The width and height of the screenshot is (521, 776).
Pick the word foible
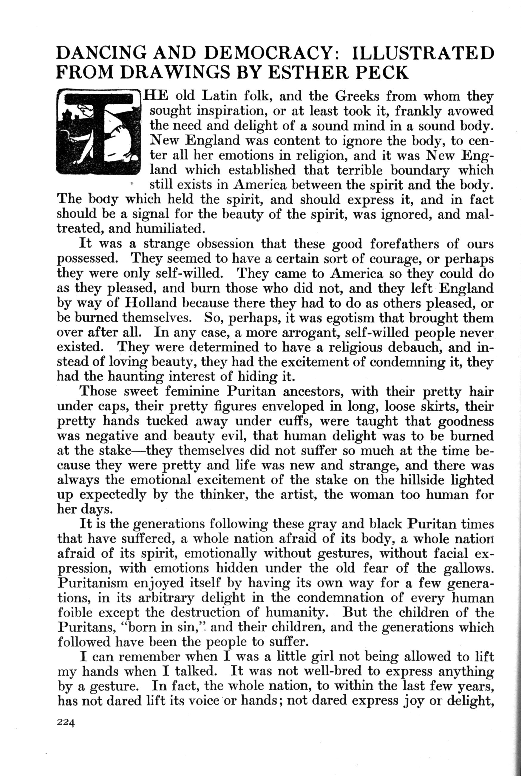pos(75,612)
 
